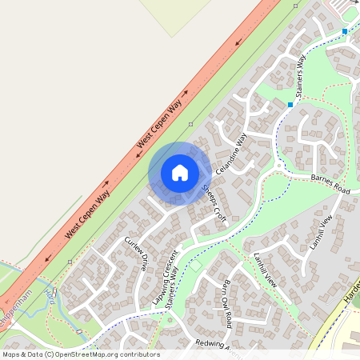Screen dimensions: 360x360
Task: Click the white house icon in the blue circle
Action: tap(180, 172)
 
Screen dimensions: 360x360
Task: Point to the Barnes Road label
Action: tap(330, 186)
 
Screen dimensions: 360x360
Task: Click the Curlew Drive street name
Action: tap(135, 254)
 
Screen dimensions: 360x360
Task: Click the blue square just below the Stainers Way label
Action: tap(290, 104)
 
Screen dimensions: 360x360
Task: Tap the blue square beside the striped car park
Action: tap(345, 31)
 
